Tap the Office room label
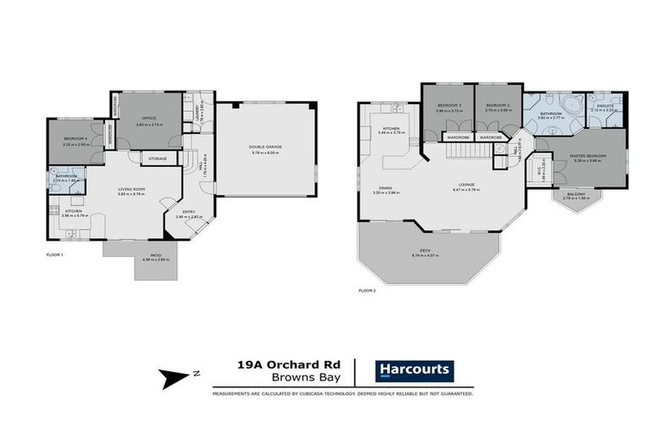pyautogui.click(x=149, y=119)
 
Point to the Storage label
pyautogui.click(x=158, y=159)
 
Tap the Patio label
pyautogui.click(x=156, y=257)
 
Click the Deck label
pyautogui.click(x=421, y=253)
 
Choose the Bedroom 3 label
pyautogui.click(x=448, y=108)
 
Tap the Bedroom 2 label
pyautogui.click(x=498, y=108)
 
